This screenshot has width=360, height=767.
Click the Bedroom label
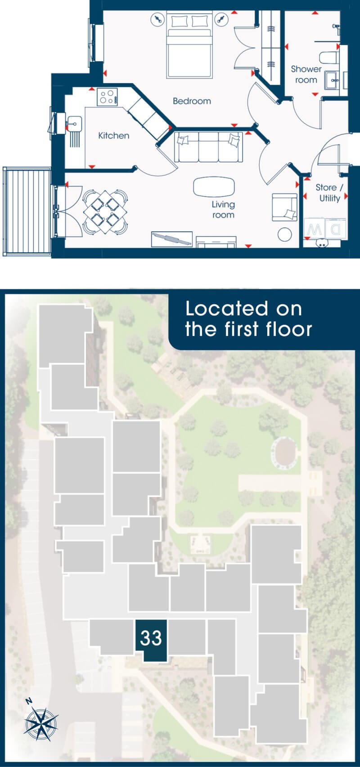(x=192, y=101)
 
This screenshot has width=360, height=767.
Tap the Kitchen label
(x=114, y=135)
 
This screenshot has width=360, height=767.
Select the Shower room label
(x=306, y=74)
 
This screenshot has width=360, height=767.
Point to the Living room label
(x=223, y=210)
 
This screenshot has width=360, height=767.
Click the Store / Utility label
(x=329, y=193)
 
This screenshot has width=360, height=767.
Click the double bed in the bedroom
(x=189, y=45)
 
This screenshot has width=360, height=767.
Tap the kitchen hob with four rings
(x=107, y=97)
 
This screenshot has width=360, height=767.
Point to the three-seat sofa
(x=209, y=147)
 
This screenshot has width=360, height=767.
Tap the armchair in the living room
(x=285, y=207)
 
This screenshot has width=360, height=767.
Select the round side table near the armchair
(x=285, y=234)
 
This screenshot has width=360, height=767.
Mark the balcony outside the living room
(x=27, y=211)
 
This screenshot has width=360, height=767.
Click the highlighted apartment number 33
(x=151, y=637)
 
